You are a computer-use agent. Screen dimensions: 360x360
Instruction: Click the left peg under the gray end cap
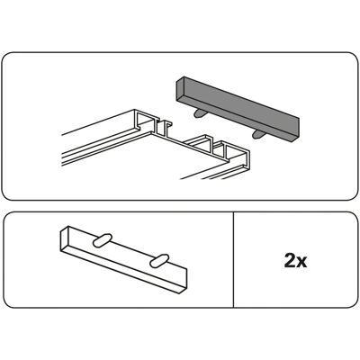(x=198, y=113)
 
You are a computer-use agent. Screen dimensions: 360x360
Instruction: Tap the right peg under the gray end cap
(x=257, y=134)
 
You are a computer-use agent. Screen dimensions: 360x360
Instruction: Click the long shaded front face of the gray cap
(x=241, y=111)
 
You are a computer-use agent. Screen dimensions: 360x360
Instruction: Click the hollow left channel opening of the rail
(x=146, y=121)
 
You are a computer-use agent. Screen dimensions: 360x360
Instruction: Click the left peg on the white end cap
(x=103, y=240)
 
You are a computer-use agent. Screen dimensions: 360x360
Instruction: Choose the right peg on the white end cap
(x=159, y=261)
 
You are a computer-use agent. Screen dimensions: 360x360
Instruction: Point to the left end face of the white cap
(x=65, y=239)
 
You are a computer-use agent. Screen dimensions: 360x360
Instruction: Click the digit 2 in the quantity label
(x=290, y=260)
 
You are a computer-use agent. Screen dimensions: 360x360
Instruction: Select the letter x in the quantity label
(x=301, y=263)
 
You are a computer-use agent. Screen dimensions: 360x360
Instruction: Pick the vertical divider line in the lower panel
(x=233, y=260)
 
